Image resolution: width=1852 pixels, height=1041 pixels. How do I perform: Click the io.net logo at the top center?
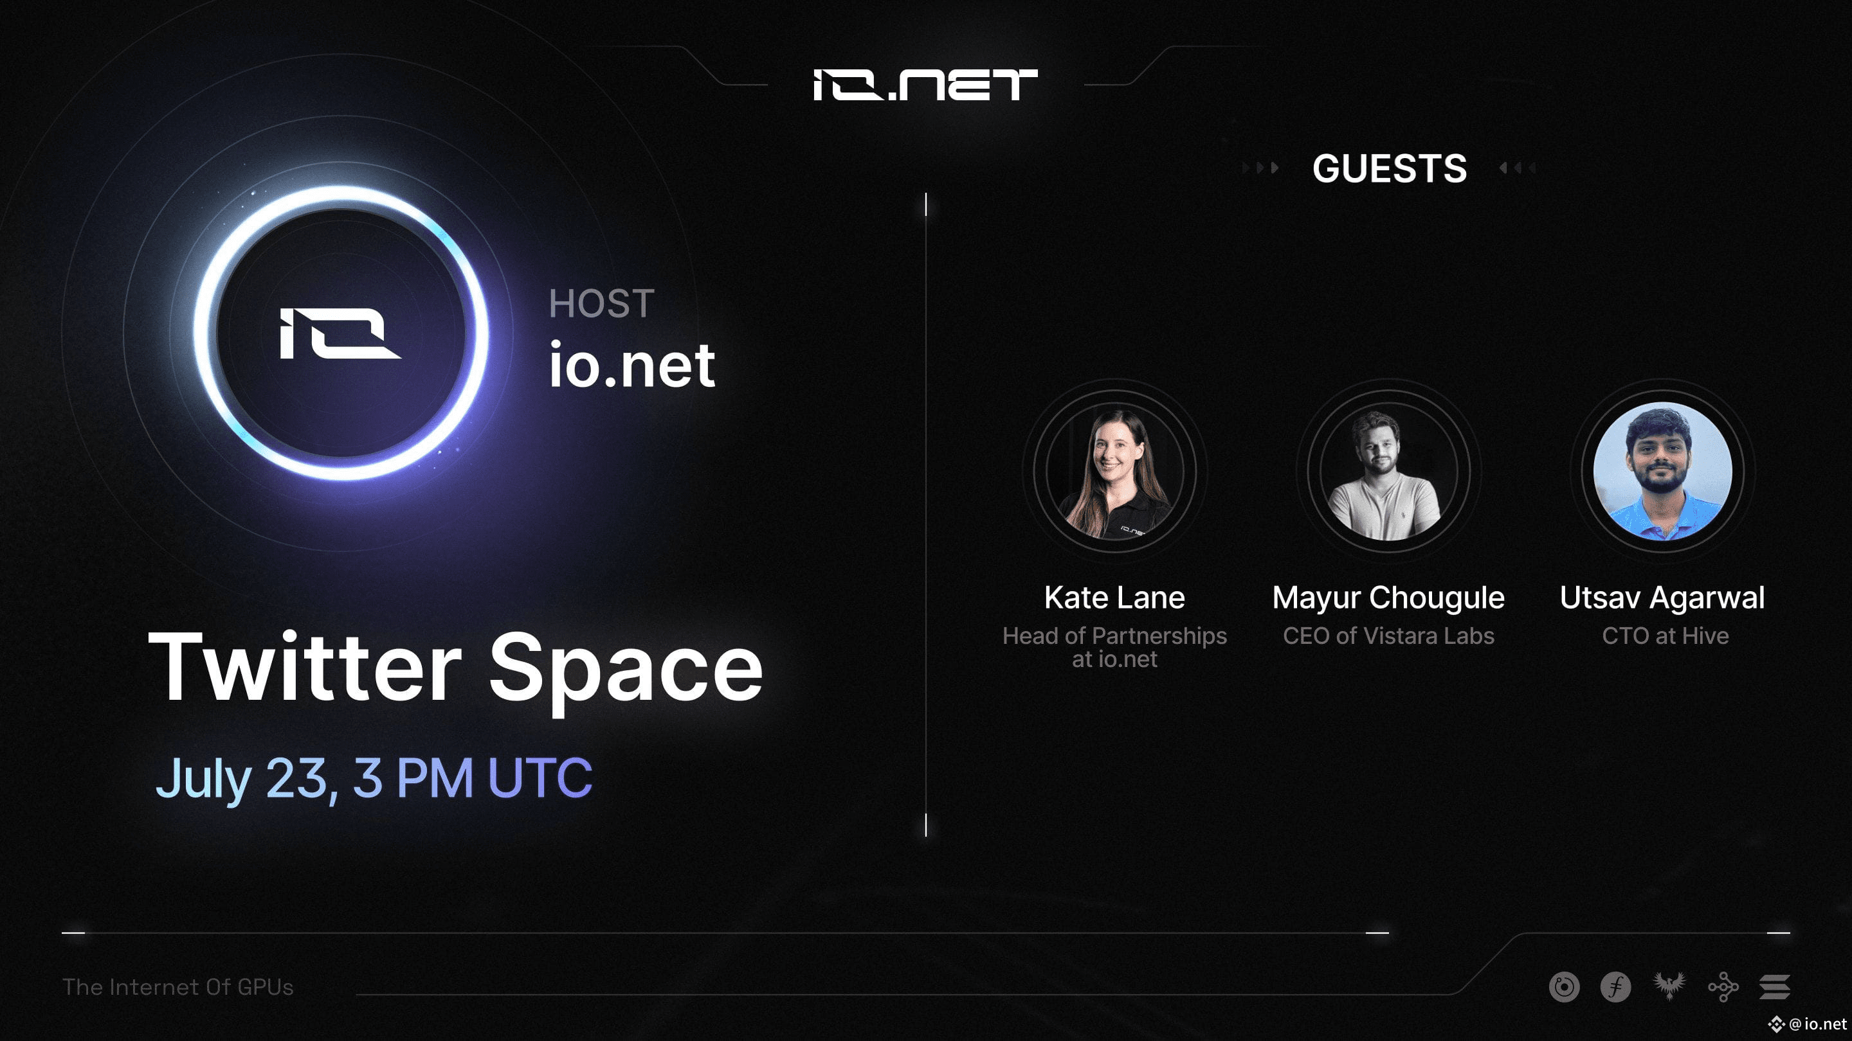(925, 85)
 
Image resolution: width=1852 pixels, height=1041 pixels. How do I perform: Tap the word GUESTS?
(1389, 169)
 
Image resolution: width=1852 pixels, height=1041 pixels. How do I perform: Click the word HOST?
(601, 303)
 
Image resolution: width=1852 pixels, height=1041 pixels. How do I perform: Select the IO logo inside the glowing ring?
(340, 333)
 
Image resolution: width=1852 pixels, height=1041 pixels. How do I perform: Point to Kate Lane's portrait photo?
(1114, 471)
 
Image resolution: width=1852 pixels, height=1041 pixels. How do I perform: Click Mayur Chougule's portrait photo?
(1389, 471)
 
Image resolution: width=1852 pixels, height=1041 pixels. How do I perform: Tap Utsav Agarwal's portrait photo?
(1663, 471)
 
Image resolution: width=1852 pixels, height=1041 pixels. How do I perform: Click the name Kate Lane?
(1114, 598)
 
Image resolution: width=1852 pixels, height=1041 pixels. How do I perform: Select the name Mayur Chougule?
(1388, 598)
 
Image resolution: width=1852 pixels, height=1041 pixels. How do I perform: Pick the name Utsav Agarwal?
(1662, 598)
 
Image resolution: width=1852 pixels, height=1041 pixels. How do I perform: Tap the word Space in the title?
(626, 672)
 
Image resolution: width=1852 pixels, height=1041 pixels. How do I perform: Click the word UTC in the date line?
(540, 778)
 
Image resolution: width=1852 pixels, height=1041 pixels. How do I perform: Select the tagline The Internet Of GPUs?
(178, 987)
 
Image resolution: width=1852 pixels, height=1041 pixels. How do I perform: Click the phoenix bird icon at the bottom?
(1669, 986)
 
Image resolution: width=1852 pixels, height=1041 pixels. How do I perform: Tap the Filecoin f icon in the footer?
(1615, 987)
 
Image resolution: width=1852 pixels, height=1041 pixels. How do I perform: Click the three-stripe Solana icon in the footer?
(1774, 987)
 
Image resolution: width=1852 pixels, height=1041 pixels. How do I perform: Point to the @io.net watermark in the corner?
(1809, 1024)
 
